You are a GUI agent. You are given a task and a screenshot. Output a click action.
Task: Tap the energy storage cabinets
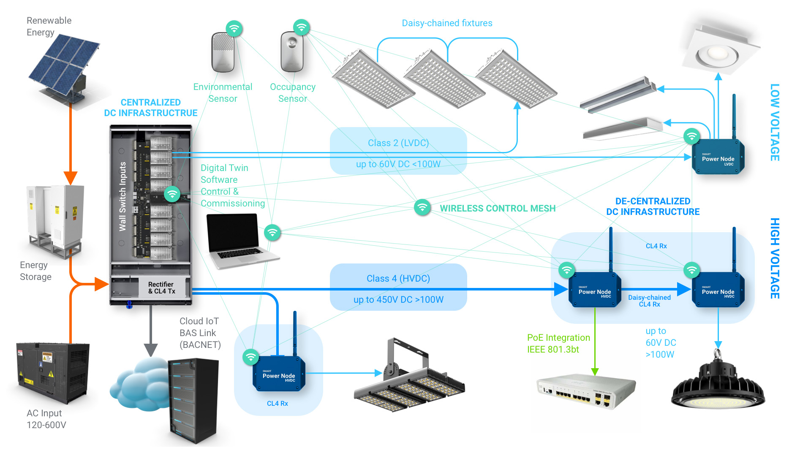(x=55, y=220)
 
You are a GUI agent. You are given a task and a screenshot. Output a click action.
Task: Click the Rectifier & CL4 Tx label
(x=161, y=288)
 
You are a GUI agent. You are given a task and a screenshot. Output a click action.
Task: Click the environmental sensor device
(x=223, y=53)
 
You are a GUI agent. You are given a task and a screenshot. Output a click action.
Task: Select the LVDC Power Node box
(x=718, y=158)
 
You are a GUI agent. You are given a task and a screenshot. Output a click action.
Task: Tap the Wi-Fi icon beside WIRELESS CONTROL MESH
(x=422, y=207)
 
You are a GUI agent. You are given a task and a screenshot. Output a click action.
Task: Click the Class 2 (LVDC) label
(x=398, y=143)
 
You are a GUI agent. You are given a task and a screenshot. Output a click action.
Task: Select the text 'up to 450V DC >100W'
(x=398, y=300)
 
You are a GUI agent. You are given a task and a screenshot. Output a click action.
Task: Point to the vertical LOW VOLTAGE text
(x=775, y=122)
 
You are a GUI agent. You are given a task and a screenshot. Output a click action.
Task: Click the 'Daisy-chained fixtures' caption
(x=447, y=23)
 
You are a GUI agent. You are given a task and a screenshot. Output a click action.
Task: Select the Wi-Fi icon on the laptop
(x=272, y=232)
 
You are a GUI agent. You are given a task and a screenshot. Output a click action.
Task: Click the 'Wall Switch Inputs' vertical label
(x=122, y=196)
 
